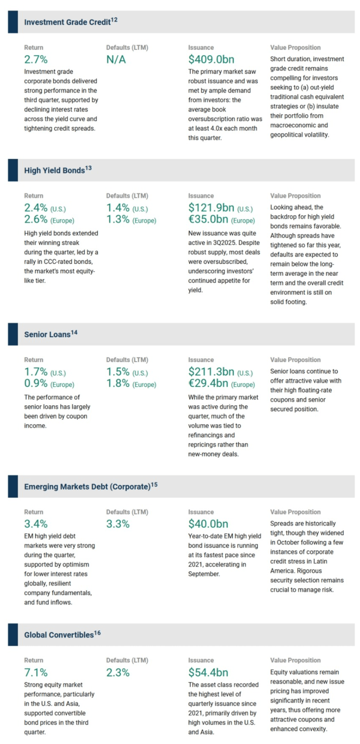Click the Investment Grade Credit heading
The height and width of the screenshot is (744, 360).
click(x=67, y=22)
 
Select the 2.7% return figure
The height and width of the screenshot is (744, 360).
click(x=36, y=60)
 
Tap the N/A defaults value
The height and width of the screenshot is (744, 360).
click(x=116, y=60)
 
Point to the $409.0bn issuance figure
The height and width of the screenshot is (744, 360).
click(x=211, y=60)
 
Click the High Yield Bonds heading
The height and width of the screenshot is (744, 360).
click(x=54, y=171)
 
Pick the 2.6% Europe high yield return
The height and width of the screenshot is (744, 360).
click(x=36, y=219)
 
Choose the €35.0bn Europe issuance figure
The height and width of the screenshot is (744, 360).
click(x=208, y=219)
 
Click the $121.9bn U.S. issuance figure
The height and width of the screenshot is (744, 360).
click(x=211, y=208)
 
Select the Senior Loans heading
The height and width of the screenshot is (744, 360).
click(x=47, y=335)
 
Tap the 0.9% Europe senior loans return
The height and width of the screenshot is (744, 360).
click(x=36, y=383)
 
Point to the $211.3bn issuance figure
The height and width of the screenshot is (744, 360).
click(x=211, y=372)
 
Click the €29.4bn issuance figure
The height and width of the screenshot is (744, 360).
click(x=208, y=383)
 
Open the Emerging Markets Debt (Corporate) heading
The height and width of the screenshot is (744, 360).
click(x=87, y=487)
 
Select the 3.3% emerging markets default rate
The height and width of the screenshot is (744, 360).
click(x=118, y=524)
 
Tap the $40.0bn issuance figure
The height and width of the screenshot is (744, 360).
click(x=208, y=524)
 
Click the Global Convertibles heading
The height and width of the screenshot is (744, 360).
click(x=59, y=635)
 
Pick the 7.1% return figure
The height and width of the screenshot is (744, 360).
click(x=36, y=672)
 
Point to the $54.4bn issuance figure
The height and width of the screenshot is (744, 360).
click(x=208, y=672)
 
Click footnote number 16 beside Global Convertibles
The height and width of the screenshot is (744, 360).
click(x=97, y=633)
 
